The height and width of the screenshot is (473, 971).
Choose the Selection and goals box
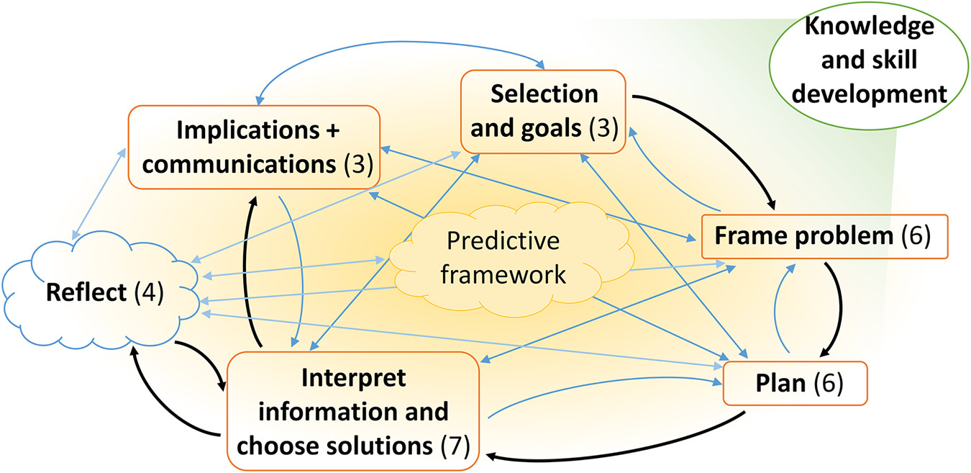tap(544, 112)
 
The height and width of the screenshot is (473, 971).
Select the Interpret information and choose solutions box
tap(353, 411)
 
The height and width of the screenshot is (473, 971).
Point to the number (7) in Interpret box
tap(455, 446)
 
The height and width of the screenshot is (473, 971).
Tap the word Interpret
tap(353, 377)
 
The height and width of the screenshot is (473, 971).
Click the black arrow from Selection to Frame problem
tap(734, 130)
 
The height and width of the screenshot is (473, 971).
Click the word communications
tap(240, 165)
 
